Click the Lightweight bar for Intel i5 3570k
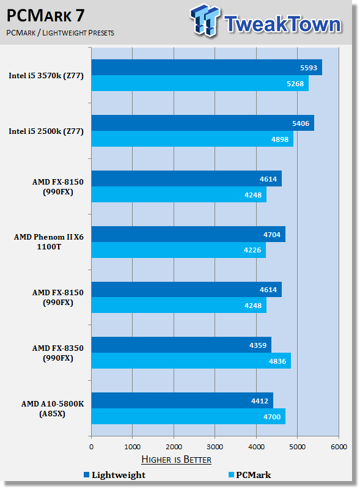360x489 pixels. tap(207, 67)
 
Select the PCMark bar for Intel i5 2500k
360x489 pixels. tap(192, 139)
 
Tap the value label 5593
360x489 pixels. tap(309, 68)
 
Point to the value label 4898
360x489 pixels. tap(280, 139)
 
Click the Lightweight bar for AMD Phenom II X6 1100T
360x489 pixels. tap(188, 234)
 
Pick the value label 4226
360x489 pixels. tap(252, 250)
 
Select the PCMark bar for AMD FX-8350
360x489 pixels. tap(191, 361)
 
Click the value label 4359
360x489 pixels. tap(258, 345)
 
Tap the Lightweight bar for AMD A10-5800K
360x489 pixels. tap(182, 400)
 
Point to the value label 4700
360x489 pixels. tap(272, 417)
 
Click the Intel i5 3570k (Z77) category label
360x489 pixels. tap(46, 76)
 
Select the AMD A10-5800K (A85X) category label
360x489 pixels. tap(53, 408)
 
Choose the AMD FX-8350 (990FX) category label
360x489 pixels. tap(57, 353)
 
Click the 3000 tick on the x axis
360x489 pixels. tap(215, 447)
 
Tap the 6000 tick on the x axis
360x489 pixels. tap(339, 447)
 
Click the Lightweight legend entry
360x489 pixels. tap(114, 475)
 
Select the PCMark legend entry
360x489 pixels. tap(249, 475)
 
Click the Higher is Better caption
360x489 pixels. tap(176, 460)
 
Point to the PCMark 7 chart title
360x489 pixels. tap(46, 15)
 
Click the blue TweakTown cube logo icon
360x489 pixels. tap(205, 20)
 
